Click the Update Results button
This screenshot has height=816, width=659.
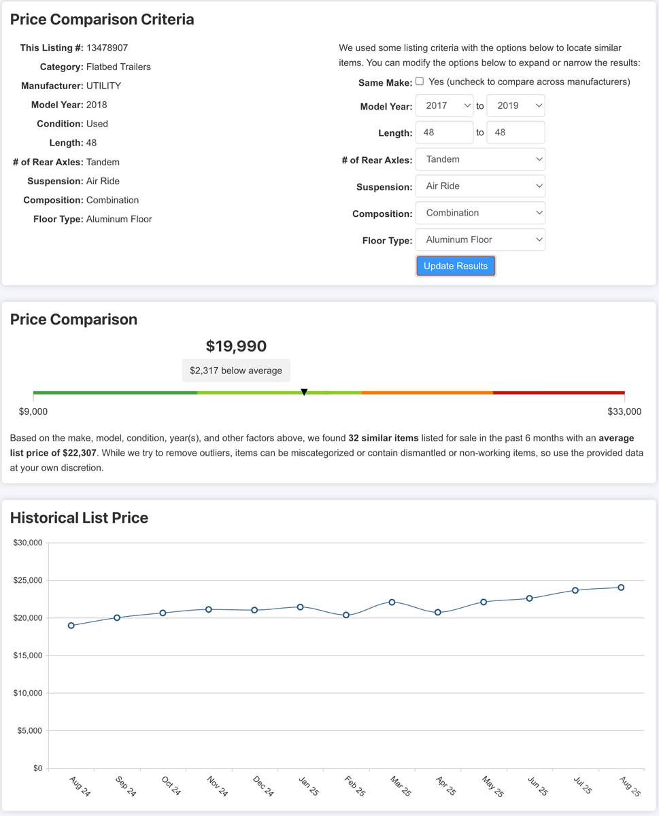456,266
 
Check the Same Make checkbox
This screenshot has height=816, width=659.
420,81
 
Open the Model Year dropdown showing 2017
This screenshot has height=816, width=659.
445,105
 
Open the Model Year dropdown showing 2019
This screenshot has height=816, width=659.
516,105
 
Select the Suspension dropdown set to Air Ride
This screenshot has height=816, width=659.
480,186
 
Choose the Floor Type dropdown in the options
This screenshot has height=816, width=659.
480,240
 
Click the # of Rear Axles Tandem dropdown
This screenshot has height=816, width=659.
480,159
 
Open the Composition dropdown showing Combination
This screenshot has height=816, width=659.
480,213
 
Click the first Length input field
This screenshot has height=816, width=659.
445,133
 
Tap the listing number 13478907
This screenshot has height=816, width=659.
107,48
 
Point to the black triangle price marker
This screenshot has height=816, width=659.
304,392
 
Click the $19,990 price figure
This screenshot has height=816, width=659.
236,346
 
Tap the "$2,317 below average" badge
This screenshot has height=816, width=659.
236,371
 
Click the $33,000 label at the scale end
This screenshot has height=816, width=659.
624,411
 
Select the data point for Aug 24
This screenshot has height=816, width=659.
71,626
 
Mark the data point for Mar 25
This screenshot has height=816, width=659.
392,602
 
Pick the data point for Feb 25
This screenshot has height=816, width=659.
346,615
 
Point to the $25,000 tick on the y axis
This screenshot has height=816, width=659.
28,581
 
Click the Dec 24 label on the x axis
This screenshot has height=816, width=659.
263,786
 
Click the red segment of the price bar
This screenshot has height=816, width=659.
558,392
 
